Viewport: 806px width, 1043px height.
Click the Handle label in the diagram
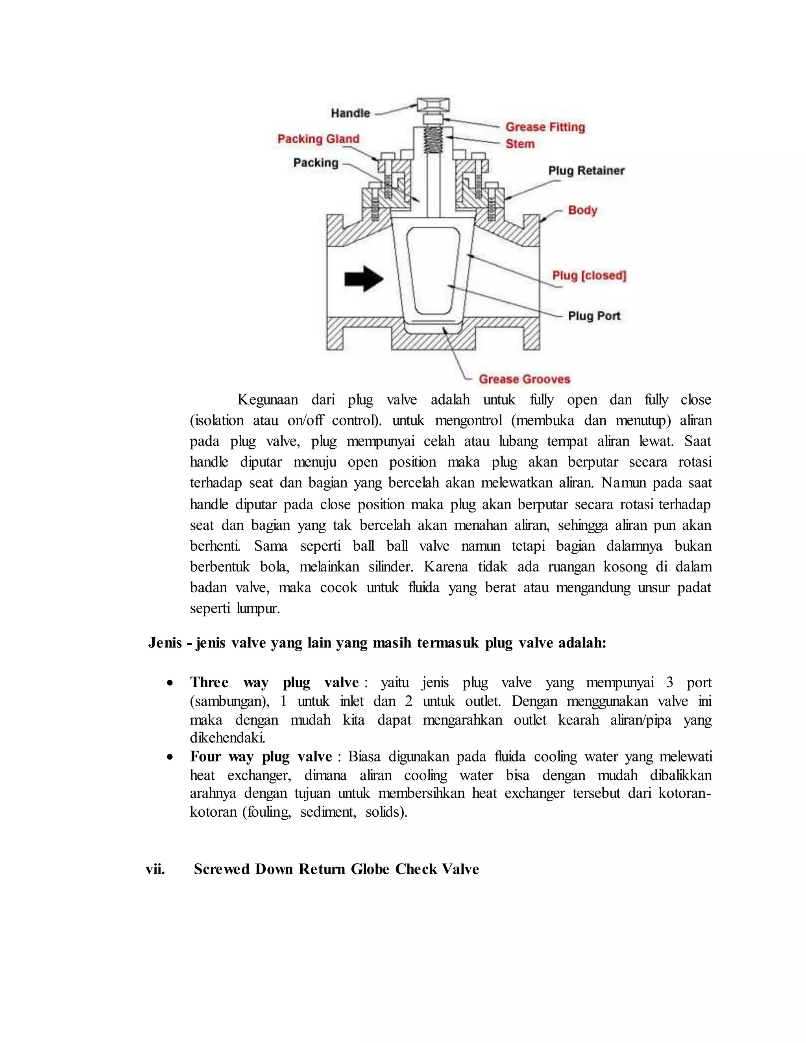point(351,113)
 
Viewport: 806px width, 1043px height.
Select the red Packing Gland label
point(318,139)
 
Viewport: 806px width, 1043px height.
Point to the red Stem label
point(520,144)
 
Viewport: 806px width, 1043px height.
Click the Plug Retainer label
point(586,170)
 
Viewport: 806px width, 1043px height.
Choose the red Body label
point(582,210)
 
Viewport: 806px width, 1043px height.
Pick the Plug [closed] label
point(589,276)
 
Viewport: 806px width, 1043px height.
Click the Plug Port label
point(594,316)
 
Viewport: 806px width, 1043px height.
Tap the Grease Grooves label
point(525,379)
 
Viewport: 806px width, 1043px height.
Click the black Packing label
point(316,163)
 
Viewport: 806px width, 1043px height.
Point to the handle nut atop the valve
point(433,104)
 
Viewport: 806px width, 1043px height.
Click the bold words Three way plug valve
point(275,682)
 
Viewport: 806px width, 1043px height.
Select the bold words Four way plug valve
point(261,756)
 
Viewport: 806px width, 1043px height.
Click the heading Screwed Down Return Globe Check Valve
point(336,869)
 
